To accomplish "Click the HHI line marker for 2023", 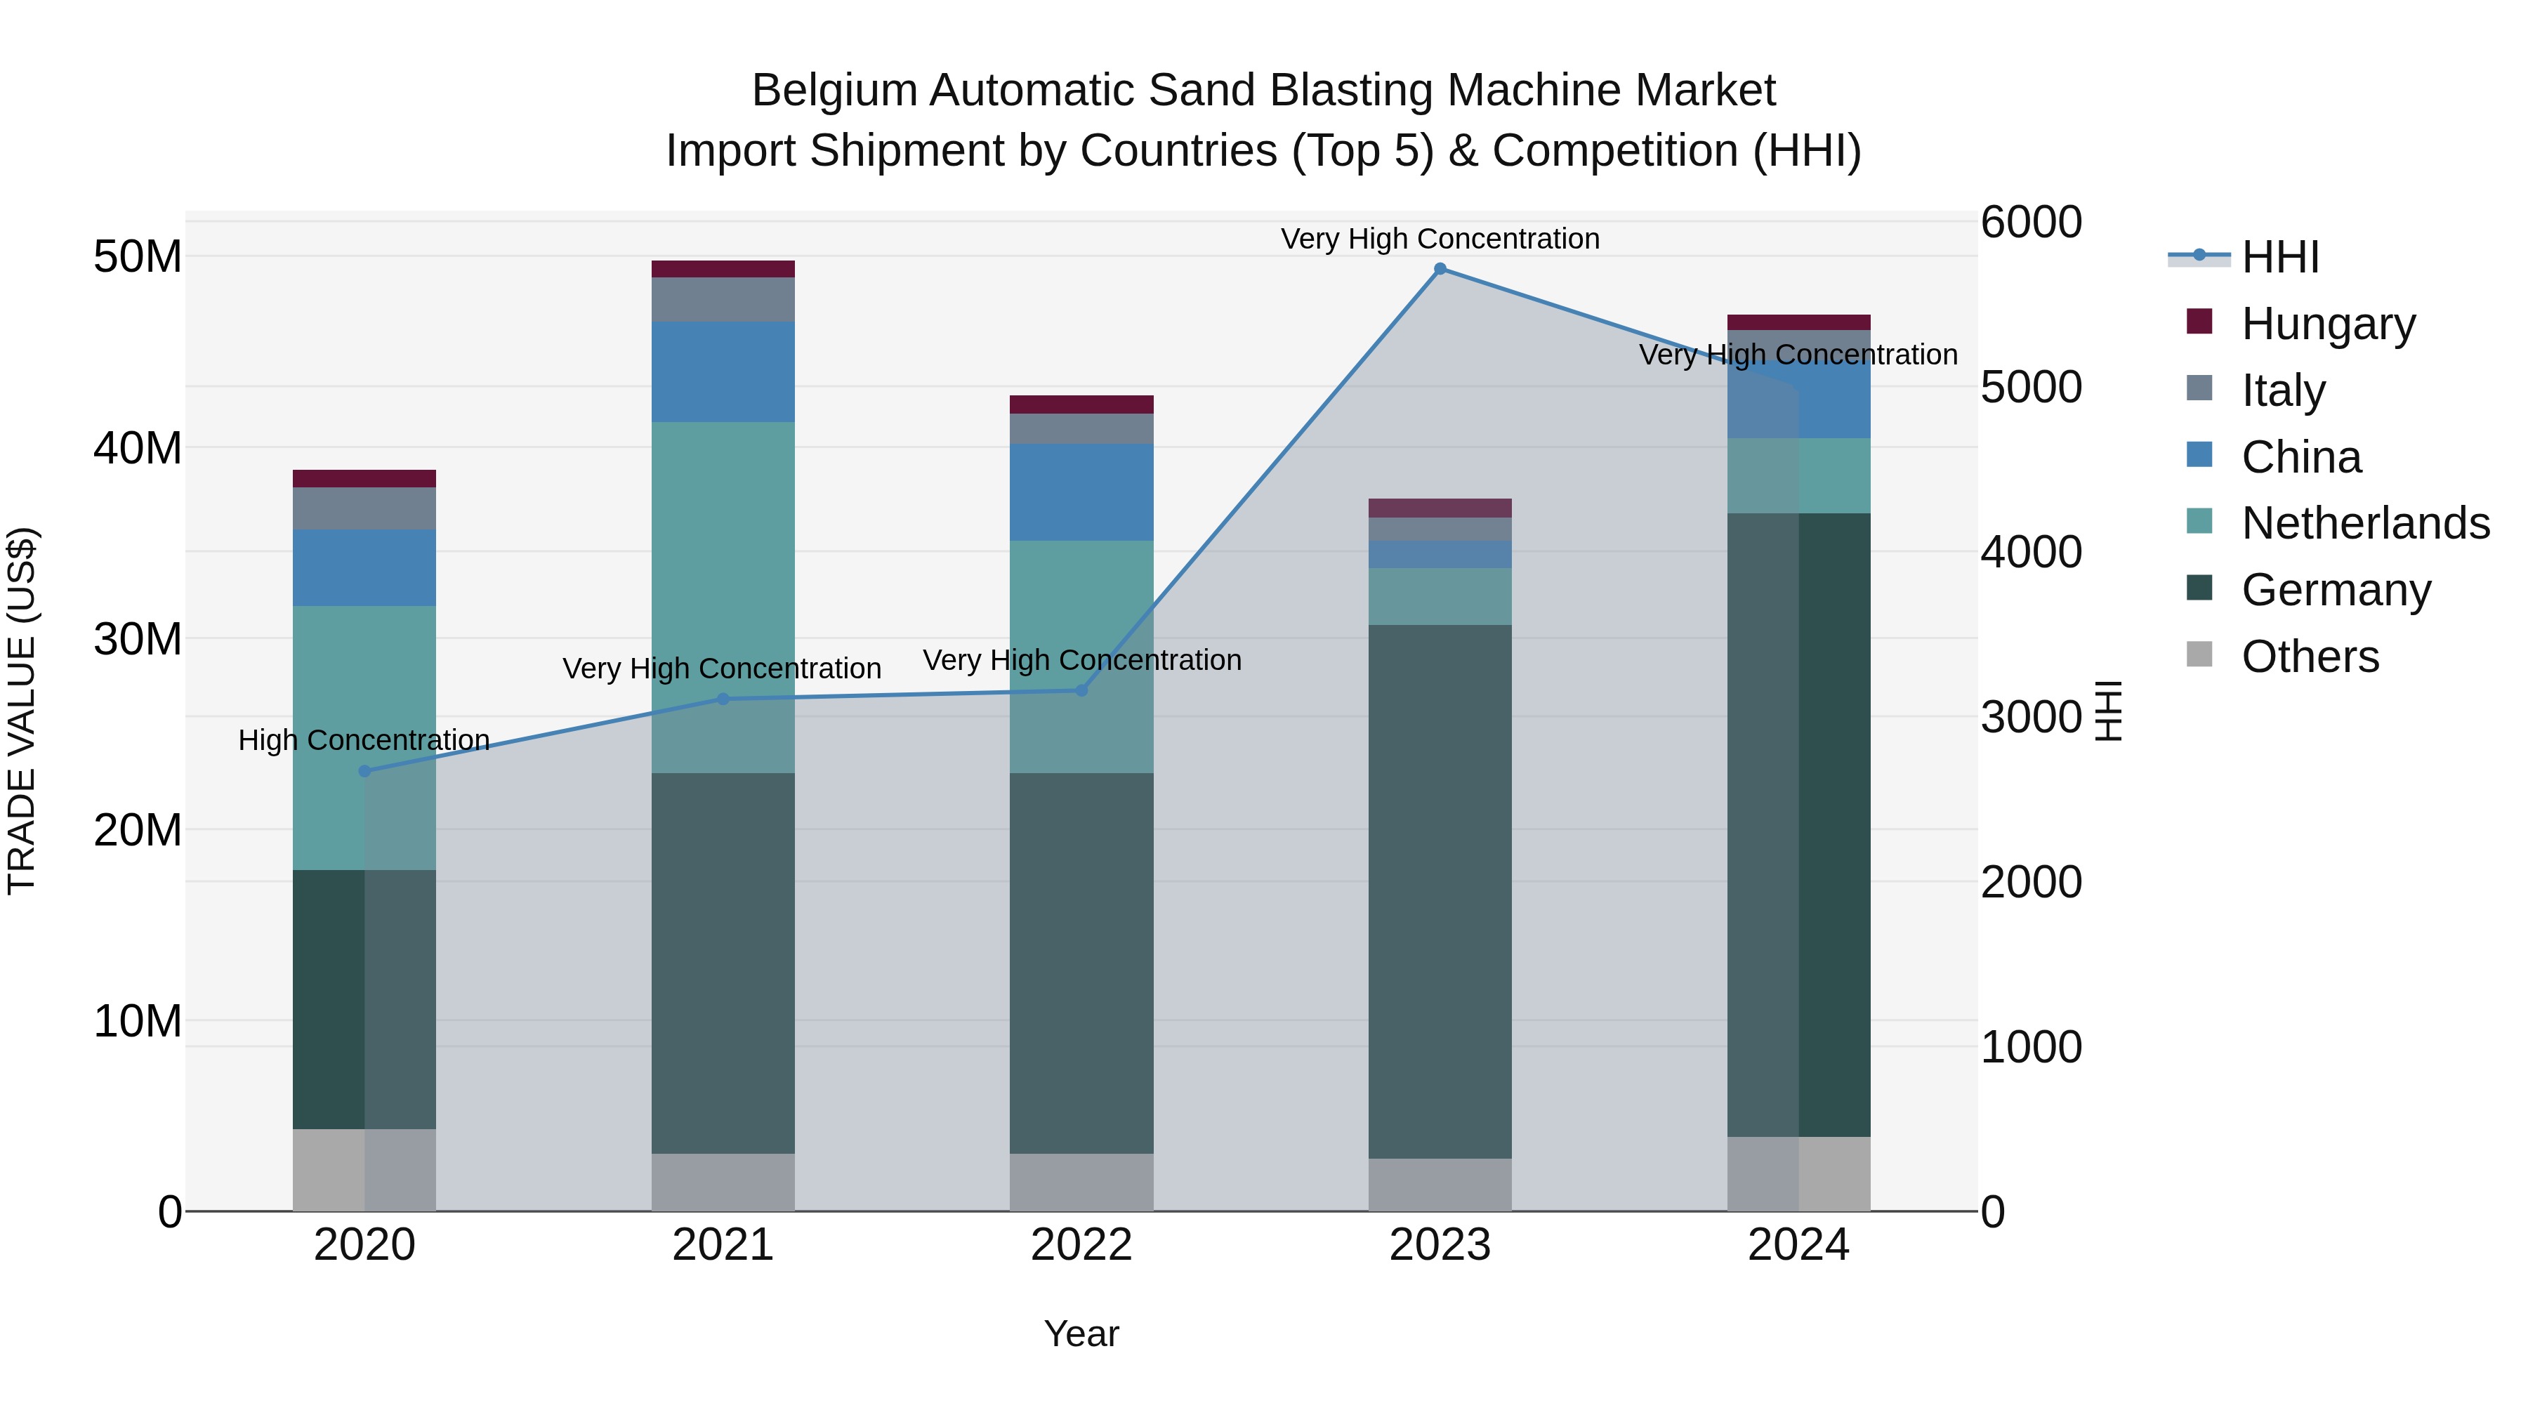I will pyautogui.click(x=1440, y=269).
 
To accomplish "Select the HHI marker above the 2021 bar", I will pyautogui.click(x=723, y=699).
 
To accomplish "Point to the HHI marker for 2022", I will pyautogui.click(x=1081, y=690).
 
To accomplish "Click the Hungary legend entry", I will pyautogui.click(x=2328, y=324).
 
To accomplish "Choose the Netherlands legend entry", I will pyautogui.click(x=2365, y=523).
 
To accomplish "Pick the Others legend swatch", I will pyautogui.click(x=2199, y=654).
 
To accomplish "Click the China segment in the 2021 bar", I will pyautogui.click(x=723, y=372).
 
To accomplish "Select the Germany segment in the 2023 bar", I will pyautogui.click(x=1440, y=891).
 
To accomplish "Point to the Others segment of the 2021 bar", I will pyautogui.click(x=723, y=1182).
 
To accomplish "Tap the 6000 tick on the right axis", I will pyautogui.click(x=2030, y=222).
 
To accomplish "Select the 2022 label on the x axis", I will pyautogui.click(x=1081, y=1245).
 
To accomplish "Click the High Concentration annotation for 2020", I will pyautogui.click(x=364, y=740).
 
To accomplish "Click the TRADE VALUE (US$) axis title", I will pyautogui.click(x=22, y=711).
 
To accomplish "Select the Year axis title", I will pyautogui.click(x=1081, y=1334).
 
